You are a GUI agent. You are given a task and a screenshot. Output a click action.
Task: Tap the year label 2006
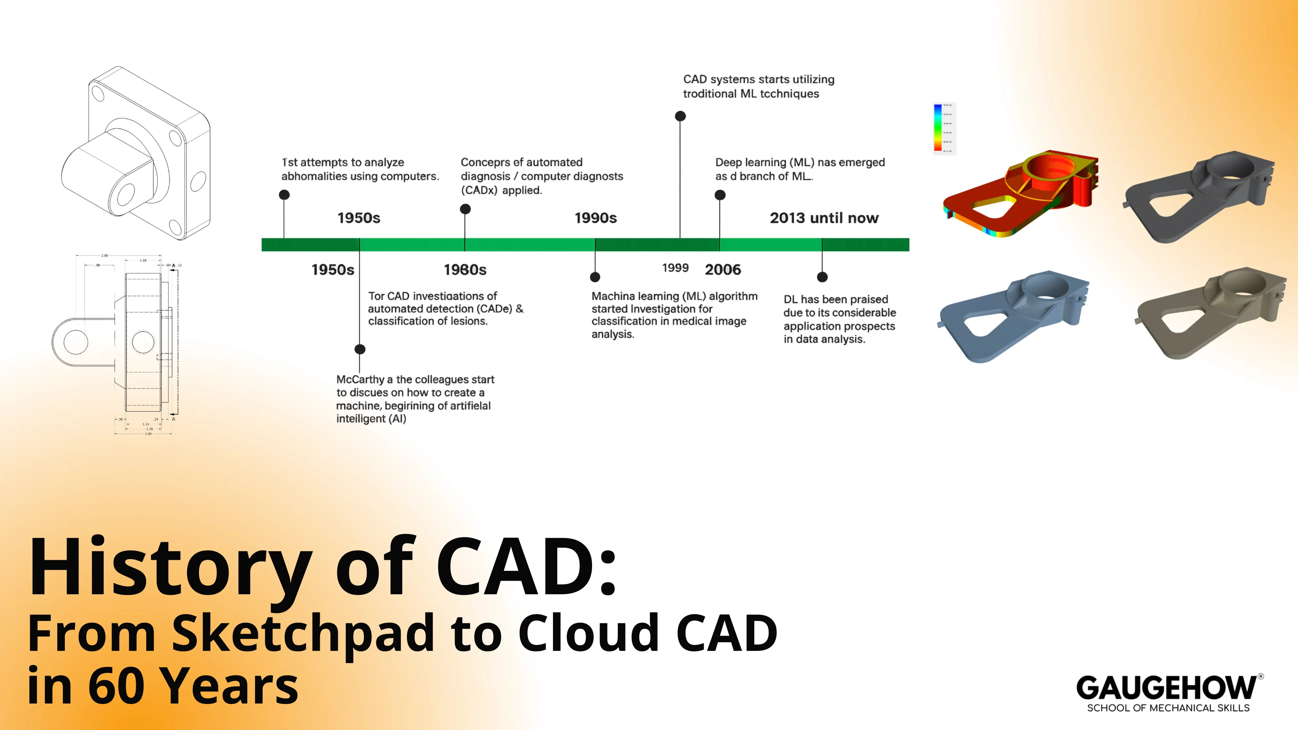click(x=723, y=269)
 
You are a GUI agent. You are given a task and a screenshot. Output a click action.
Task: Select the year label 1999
click(x=675, y=268)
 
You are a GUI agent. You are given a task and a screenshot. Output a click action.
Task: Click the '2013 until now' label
click(x=824, y=218)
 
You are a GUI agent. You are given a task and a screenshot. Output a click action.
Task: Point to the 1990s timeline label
click(x=596, y=218)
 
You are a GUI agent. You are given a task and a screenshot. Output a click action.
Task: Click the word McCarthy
click(x=360, y=379)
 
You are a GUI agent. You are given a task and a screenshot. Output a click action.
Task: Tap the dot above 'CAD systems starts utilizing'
click(x=680, y=117)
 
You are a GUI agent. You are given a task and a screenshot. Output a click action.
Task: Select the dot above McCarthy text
click(x=360, y=349)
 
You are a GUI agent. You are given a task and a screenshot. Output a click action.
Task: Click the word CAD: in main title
click(x=526, y=568)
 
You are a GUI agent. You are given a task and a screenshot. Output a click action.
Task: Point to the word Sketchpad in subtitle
click(x=303, y=633)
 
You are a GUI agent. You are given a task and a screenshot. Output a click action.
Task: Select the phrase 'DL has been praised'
click(x=835, y=299)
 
